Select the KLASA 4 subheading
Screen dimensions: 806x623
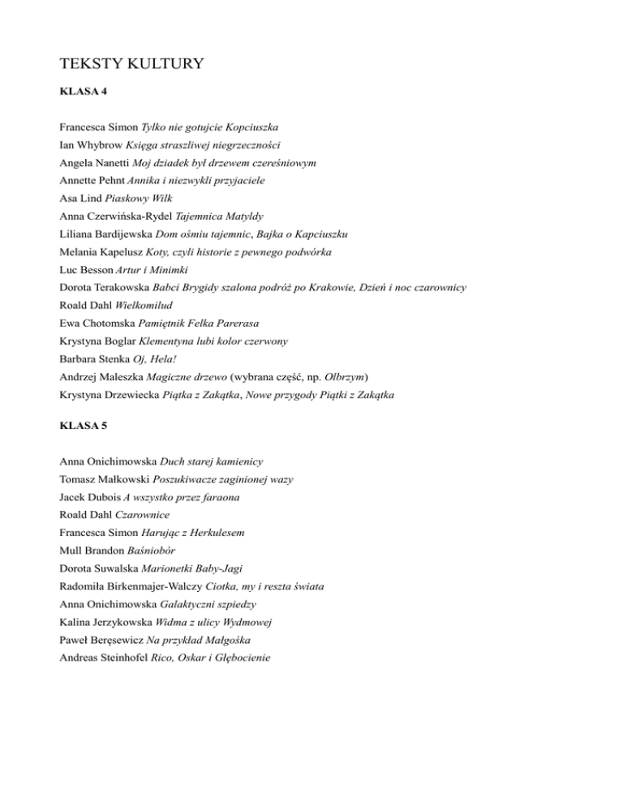point(84,94)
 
